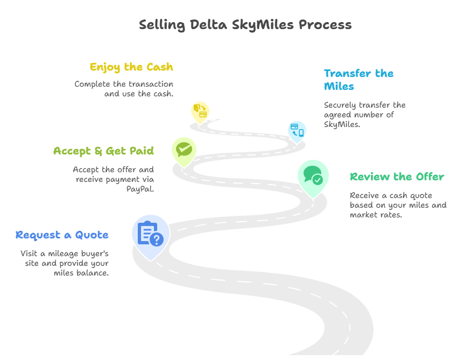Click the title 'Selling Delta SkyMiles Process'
coord(245,25)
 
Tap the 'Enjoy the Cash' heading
coord(131,67)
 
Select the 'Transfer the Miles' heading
coord(359,80)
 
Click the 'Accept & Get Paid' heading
coord(103,151)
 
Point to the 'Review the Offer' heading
coord(397,177)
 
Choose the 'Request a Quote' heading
coord(62,235)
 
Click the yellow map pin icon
coord(200,112)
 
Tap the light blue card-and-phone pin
coord(297,132)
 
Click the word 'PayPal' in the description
coord(139,189)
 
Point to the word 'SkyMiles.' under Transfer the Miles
coord(342,124)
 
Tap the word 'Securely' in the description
coord(340,105)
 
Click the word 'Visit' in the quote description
coord(29,253)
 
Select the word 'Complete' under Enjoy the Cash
coord(92,84)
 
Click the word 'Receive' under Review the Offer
coord(364,195)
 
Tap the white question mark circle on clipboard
coord(157,239)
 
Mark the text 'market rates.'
coord(376,215)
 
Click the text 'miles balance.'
coord(81,273)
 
